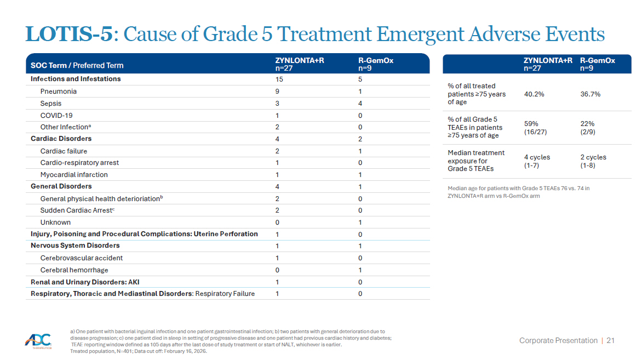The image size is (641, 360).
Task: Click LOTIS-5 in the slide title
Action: tap(69, 34)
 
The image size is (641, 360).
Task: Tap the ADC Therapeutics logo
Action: tap(39, 341)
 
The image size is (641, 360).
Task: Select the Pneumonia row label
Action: tap(59, 91)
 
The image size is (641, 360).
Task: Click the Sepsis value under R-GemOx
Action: tap(360, 104)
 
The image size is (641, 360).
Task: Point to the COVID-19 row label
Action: tap(56, 116)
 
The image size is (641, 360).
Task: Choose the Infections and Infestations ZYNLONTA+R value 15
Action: tap(279, 79)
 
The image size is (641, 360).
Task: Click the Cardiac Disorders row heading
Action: tap(61, 139)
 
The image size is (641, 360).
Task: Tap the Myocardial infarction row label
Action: tap(74, 175)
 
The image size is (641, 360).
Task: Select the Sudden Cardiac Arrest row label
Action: tap(77, 210)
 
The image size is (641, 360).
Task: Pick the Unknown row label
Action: tap(55, 222)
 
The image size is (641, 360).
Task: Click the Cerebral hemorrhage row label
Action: tap(74, 270)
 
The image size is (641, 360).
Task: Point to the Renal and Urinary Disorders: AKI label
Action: tap(85, 282)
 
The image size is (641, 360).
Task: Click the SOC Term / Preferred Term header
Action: tap(77, 65)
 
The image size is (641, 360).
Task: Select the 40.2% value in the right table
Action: tap(534, 94)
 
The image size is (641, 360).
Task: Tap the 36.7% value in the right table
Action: tap(590, 94)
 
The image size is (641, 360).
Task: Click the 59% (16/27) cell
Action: tap(535, 128)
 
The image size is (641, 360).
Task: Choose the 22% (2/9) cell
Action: tap(587, 128)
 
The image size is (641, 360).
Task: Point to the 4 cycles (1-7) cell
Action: tap(537, 161)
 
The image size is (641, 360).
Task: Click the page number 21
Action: tap(610, 340)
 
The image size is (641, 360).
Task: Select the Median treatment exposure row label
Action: tap(476, 161)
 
